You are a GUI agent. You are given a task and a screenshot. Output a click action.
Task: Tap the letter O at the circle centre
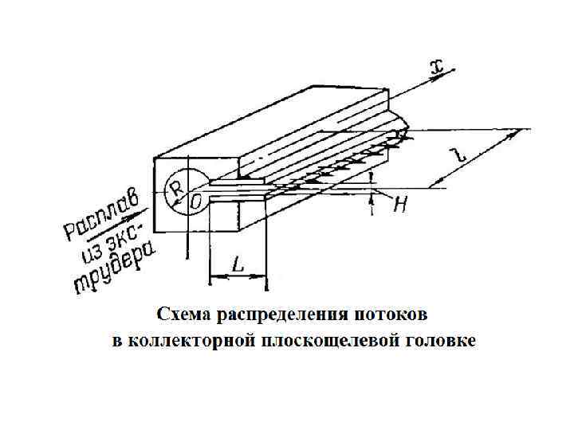pyautogui.click(x=196, y=203)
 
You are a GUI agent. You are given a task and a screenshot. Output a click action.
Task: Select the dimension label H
pyautogui.click(x=401, y=205)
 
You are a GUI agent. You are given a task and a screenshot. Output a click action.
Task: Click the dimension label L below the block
pyautogui.click(x=238, y=262)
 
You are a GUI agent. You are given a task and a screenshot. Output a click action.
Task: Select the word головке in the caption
pyautogui.click(x=442, y=341)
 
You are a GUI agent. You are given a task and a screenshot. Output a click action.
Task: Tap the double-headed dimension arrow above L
pyautogui.click(x=237, y=276)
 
